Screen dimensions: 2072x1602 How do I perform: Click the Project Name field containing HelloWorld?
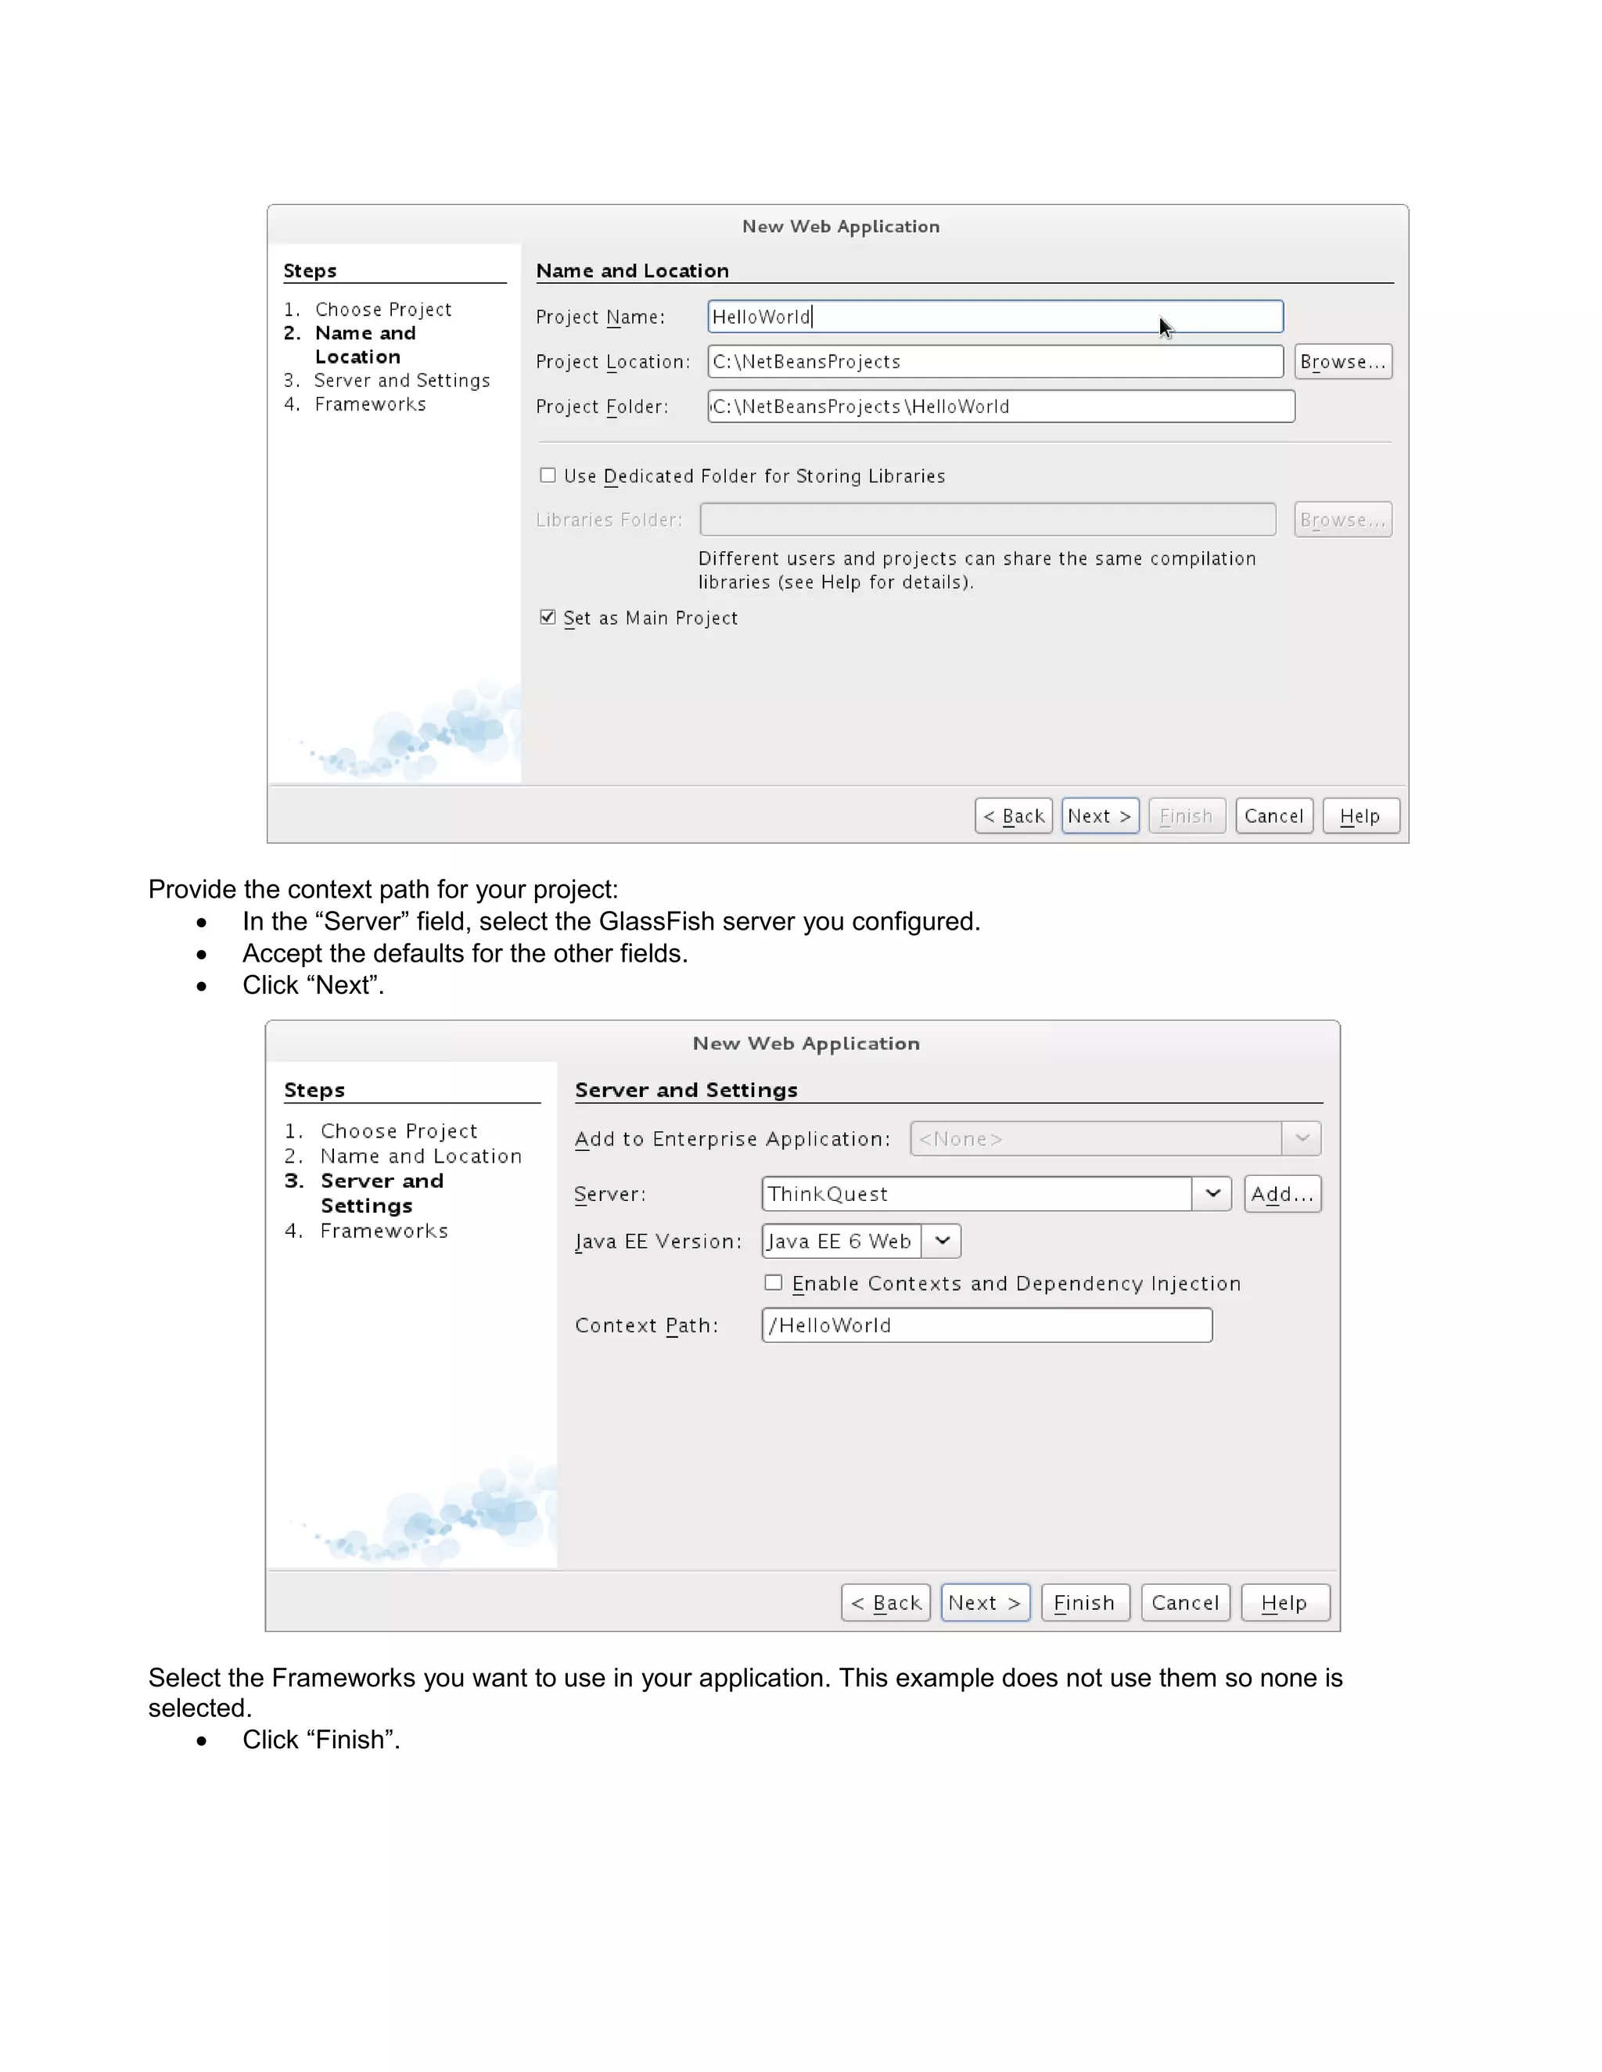(x=995, y=317)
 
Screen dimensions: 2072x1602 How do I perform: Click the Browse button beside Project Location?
(x=1342, y=361)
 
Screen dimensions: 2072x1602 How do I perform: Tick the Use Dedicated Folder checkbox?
(x=548, y=475)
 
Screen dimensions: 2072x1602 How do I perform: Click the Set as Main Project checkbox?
(x=548, y=618)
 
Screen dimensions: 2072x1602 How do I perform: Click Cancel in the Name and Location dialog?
(x=1273, y=816)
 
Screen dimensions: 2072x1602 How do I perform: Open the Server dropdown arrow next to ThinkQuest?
(x=1212, y=1193)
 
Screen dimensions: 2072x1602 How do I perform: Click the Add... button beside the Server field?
(x=1281, y=1193)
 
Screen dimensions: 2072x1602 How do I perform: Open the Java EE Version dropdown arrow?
(x=942, y=1241)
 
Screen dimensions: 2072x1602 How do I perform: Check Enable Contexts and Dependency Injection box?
(x=774, y=1282)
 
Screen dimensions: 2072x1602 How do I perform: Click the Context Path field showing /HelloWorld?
(x=986, y=1325)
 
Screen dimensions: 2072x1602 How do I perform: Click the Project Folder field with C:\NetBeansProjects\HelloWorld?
(x=1000, y=406)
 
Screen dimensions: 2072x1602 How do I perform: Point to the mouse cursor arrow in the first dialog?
(x=1166, y=328)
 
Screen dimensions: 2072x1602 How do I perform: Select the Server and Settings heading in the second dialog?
(x=685, y=1090)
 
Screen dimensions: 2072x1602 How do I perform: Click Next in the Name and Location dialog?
(x=1099, y=816)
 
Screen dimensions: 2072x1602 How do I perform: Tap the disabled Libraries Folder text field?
(x=987, y=520)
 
